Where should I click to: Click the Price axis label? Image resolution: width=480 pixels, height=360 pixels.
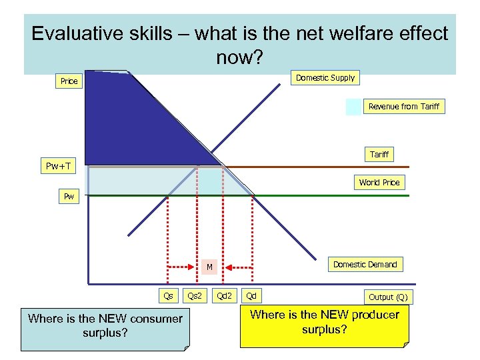pos(69,81)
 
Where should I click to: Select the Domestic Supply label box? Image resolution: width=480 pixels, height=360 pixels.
pos(325,78)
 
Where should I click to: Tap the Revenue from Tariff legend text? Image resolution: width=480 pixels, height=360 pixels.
pos(403,107)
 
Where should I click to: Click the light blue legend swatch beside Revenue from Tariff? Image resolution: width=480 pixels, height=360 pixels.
pos(353,107)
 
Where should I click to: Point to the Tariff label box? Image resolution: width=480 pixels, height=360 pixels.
pos(379,155)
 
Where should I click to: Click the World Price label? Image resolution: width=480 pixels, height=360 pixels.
pos(379,183)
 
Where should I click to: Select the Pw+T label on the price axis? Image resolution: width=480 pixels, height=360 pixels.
pos(59,166)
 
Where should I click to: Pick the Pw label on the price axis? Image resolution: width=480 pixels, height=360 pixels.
pos(69,197)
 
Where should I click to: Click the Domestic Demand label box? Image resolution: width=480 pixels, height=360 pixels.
pos(365,265)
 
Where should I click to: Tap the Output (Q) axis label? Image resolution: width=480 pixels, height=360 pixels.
pos(388,297)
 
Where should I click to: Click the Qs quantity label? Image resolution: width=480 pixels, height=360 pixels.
pos(169,295)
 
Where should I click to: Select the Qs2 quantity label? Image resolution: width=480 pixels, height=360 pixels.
pos(195,295)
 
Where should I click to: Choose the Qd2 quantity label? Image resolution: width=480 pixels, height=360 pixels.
pos(225,295)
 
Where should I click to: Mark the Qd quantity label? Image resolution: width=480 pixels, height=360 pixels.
pos(251,295)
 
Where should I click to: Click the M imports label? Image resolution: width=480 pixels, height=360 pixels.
pos(209,267)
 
